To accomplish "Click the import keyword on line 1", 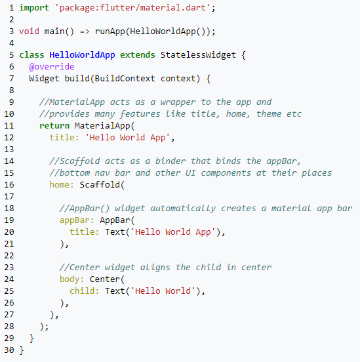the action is click(x=34, y=8).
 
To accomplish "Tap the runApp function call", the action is click(x=110, y=31).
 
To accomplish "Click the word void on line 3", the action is click(x=29, y=31).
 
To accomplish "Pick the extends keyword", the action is click(x=138, y=55).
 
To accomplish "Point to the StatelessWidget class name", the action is click(x=198, y=55).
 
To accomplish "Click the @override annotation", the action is click(x=52, y=67).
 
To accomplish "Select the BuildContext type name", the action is click(x=125, y=79).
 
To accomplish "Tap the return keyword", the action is click(x=54, y=126).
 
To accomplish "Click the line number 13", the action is click(x=9, y=150).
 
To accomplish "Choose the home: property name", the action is click(x=62, y=185).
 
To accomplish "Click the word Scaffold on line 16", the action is click(x=100, y=185).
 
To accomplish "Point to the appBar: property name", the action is click(x=77, y=220).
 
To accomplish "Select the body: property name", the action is click(x=71, y=279).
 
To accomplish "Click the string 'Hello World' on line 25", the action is click(x=163, y=291).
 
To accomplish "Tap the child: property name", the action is click(x=85, y=291).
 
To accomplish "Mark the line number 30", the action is click(x=9, y=350).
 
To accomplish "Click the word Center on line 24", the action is click(x=105, y=279).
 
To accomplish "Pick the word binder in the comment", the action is click(x=170, y=161).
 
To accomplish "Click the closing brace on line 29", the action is click(x=31, y=338).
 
